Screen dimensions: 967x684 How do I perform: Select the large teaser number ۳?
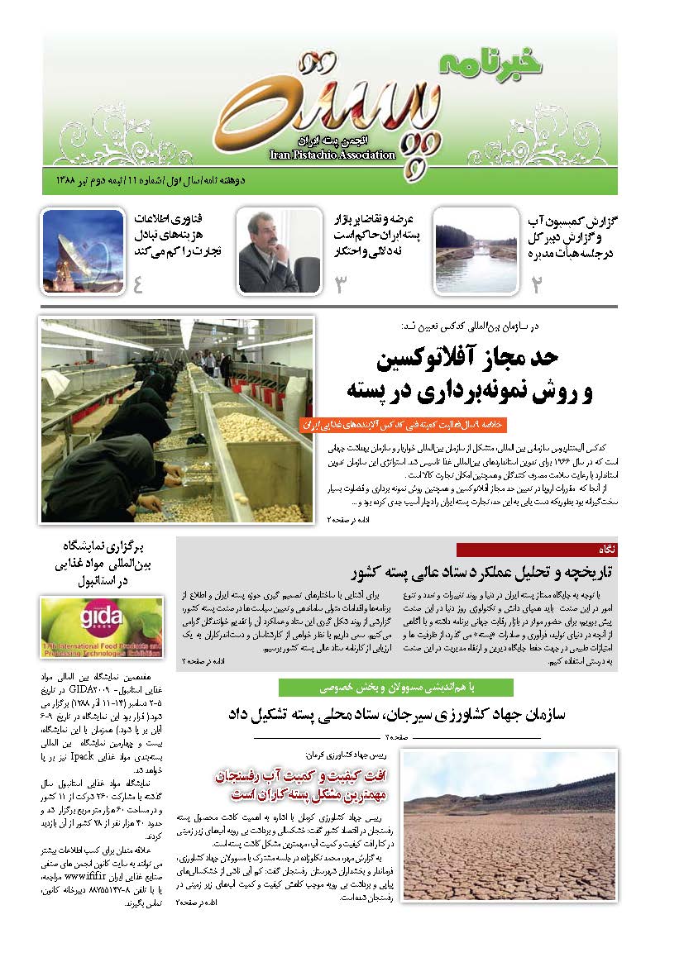[339, 283]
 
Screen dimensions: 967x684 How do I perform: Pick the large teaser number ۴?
[138, 283]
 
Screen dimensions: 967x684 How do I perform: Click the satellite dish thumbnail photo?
[83, 250]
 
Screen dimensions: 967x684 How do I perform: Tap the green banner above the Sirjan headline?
[395, 687]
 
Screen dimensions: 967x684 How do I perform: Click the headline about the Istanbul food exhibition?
[108, 563]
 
